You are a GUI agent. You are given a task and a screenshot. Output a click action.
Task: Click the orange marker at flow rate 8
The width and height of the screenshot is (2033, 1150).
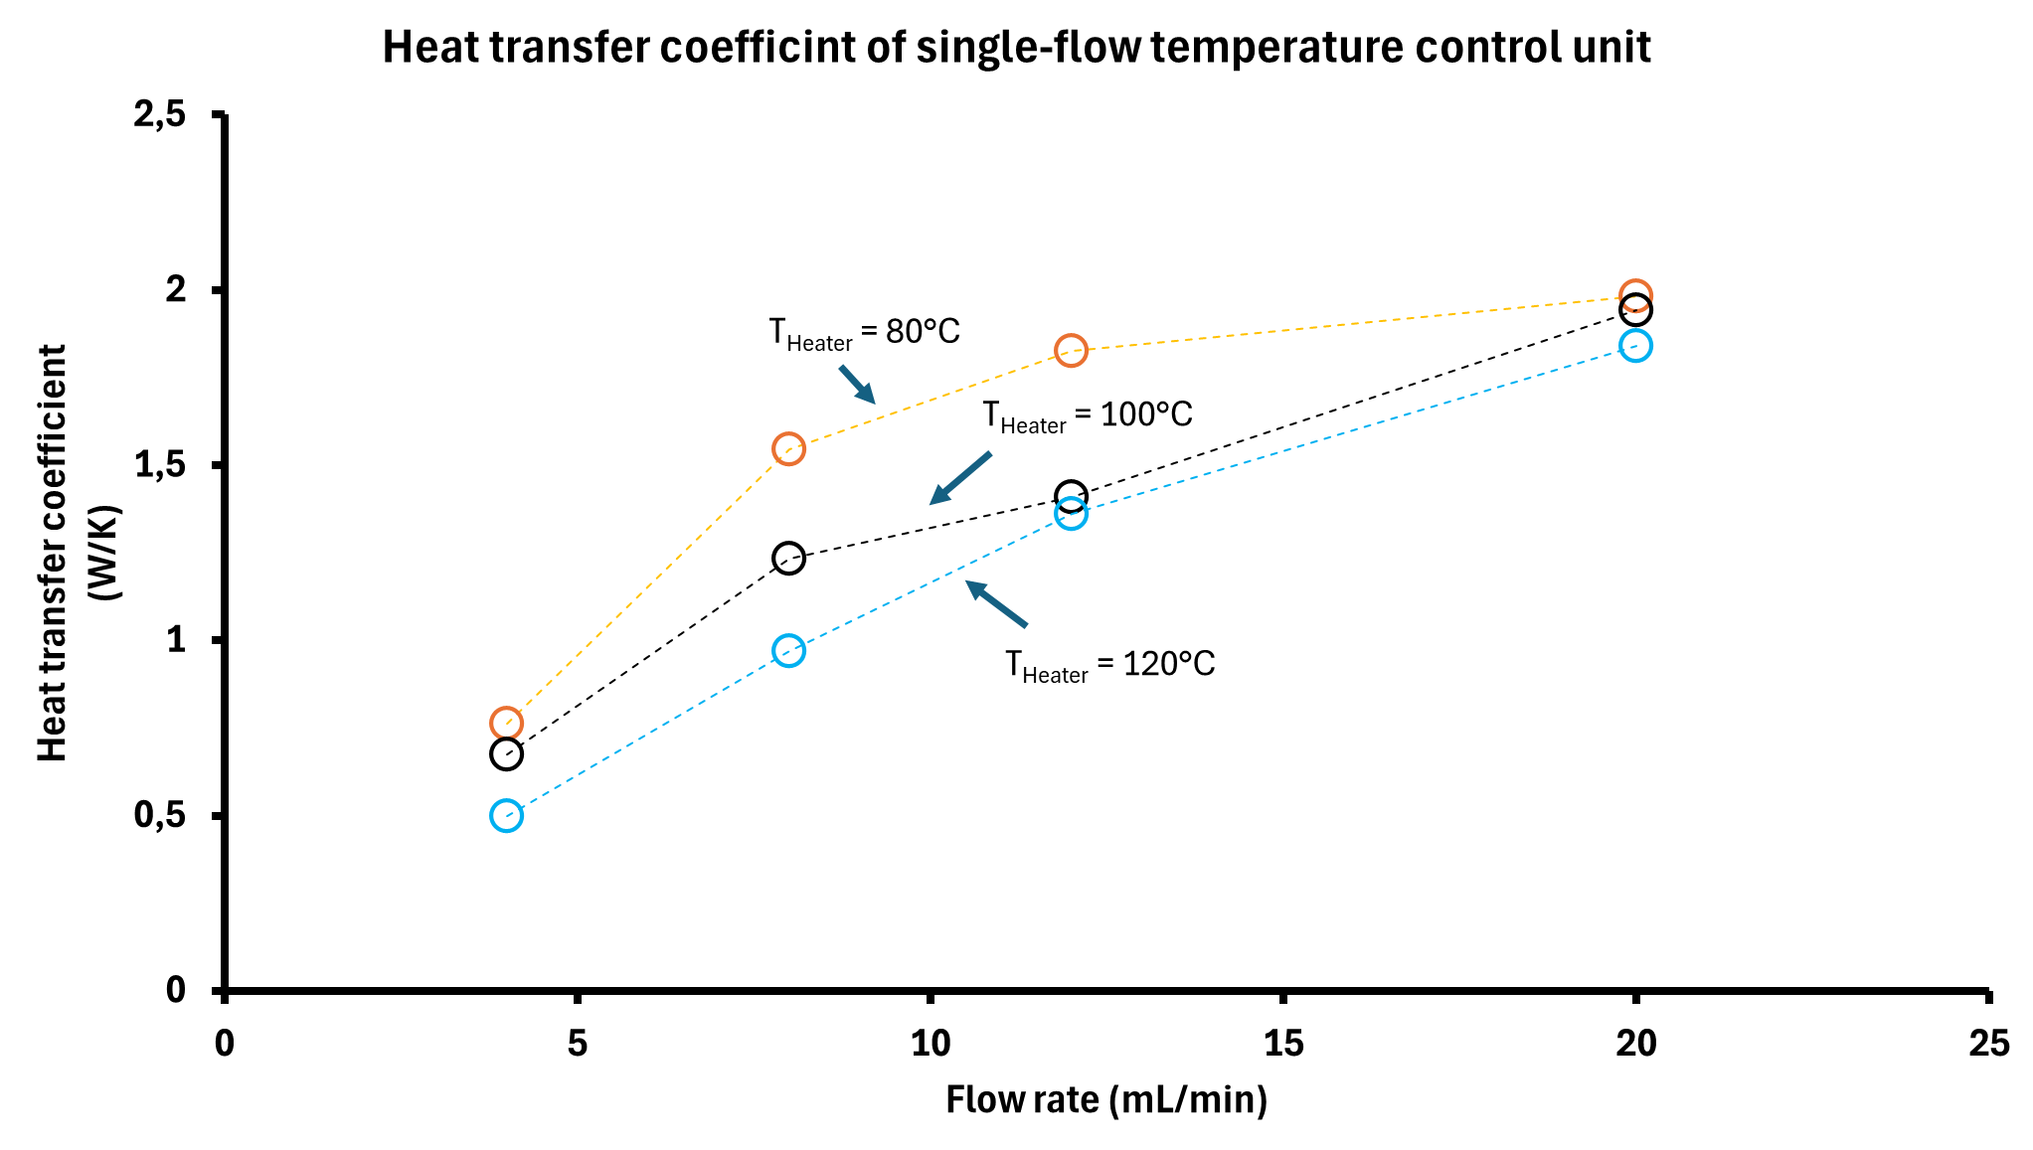click(x=788, y=449)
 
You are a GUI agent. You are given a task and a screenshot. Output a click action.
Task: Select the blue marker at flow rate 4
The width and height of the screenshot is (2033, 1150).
click(x=506, y=816)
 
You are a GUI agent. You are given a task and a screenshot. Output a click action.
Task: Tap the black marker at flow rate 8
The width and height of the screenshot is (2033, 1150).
click(x=788, y=558)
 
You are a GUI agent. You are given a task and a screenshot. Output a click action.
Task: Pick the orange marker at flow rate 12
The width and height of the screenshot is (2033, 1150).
click(x=1071, y=350)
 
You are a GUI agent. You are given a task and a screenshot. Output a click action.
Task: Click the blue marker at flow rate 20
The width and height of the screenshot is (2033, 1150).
click(x=1635, y=346)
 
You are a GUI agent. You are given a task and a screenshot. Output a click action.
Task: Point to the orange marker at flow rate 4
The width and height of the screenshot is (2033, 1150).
click(x=506, y=723)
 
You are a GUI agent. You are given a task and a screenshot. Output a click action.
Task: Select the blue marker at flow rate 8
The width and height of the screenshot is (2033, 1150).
click(x=788, y=651)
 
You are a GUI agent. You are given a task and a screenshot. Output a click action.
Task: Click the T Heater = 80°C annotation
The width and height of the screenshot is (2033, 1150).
click(x=864, y=333)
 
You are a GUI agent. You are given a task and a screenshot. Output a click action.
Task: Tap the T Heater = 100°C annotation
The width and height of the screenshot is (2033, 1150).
click(x=1088, y=416)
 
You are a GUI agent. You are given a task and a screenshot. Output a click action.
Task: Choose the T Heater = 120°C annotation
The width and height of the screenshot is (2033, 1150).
click(x=1109, y=665)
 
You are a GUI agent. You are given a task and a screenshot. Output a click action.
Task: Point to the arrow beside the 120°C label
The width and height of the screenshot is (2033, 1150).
click(x=996, y=604)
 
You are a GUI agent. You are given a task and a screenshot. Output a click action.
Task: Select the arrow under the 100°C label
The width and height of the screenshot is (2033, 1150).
click(x=960, y=478)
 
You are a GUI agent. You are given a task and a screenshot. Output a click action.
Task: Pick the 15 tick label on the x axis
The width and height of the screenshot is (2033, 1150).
click(x=1282, y=1044)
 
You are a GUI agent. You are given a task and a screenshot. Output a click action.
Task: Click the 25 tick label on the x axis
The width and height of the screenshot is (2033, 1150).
click(x=1988, y=1044)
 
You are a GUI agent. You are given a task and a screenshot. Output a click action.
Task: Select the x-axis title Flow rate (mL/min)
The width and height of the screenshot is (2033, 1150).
click(x=1106, y=1100)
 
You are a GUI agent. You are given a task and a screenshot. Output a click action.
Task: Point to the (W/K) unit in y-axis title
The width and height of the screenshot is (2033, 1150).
click(x=104, y=553)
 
